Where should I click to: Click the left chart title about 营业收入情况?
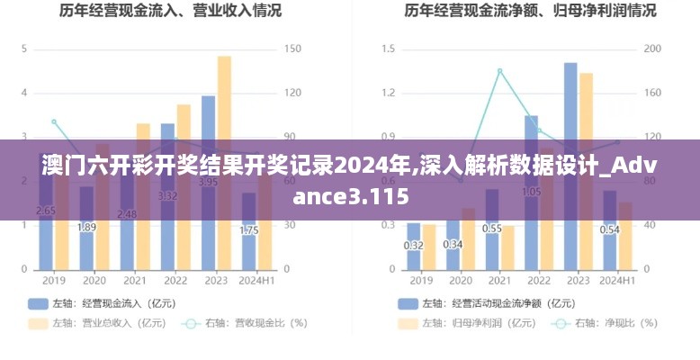click(170, 12)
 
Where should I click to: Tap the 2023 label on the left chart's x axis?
click(215, 281)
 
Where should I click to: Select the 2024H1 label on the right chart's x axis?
click(617, 281)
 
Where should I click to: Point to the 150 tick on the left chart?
click(291, 49)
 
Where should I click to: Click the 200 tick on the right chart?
click(653, 49)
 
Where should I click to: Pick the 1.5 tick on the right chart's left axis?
click(389, 49)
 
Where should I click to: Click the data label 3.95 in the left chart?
click(208, 182)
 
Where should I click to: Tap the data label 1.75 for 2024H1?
click(249, 229)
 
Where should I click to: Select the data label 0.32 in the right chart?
click(414, 245)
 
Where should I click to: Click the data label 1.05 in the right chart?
click(531, 191)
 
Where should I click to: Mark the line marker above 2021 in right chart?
click(499, 70)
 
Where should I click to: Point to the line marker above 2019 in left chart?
click(54, 121)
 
